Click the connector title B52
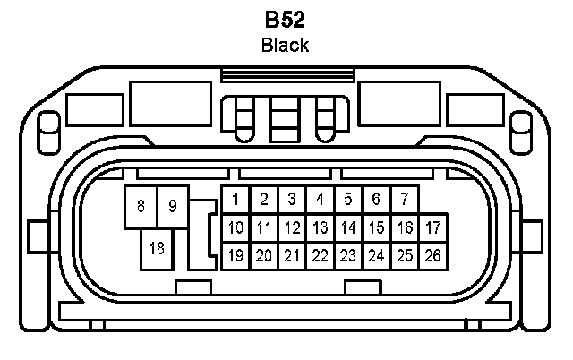point(286,20)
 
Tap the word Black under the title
point(286,45)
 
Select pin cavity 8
point(141,206)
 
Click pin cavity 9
point(173,206)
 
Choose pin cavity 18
point(158,247)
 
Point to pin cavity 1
point(235,199)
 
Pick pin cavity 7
point(405,199)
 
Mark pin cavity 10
point(235,227)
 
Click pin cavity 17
point(433,227)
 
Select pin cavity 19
point(235,255)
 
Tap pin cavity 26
point(433,255)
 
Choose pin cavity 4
point(320,199)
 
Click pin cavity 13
point(320,227)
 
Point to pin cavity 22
point(320,255)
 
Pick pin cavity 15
point(377,227)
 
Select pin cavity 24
point(377,255)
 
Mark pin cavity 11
point(263,227)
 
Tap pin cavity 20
point(263,255)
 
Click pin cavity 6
point(377,199)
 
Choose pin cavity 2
point(263,199)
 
